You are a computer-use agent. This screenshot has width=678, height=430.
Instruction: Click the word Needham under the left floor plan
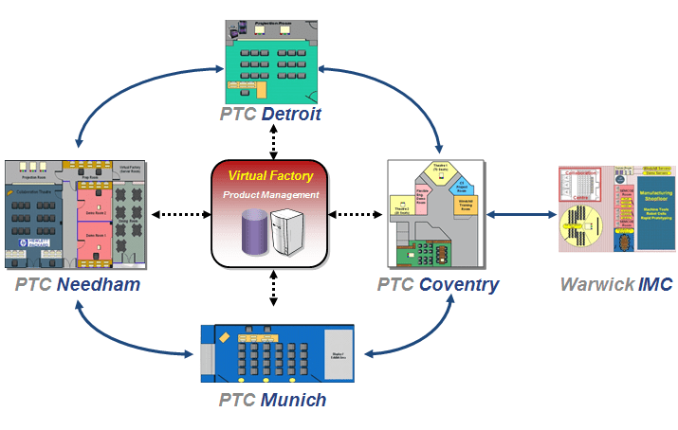(x=96, y=284)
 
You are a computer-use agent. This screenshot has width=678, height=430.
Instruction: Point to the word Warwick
(x=594, y=284)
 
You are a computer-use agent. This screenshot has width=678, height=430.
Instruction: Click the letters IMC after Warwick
(x=655, y=284)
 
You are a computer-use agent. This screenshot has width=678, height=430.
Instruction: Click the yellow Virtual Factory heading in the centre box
(x=270, y=175)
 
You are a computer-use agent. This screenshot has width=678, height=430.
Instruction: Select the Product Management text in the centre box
(x=270, y=194)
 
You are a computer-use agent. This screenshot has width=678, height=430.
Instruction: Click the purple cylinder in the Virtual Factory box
(x=251, y=232)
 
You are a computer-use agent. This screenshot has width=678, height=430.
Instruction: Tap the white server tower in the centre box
(x=290, y=234)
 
